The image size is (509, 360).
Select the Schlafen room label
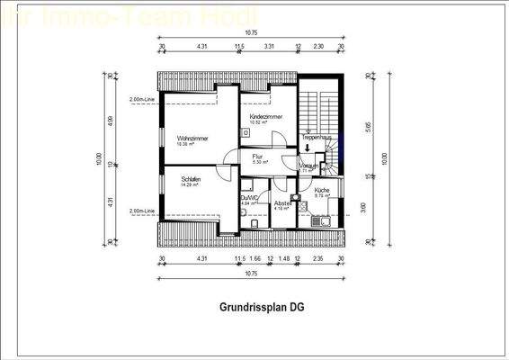point(189,180)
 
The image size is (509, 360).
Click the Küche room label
point(321,190)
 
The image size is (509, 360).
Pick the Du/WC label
point(248,198)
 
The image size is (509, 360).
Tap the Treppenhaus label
point(317,137)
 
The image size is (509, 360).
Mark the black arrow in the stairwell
point(307,149)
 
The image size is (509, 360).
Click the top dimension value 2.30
point(317,46)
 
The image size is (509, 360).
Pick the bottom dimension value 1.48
point(284,260)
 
